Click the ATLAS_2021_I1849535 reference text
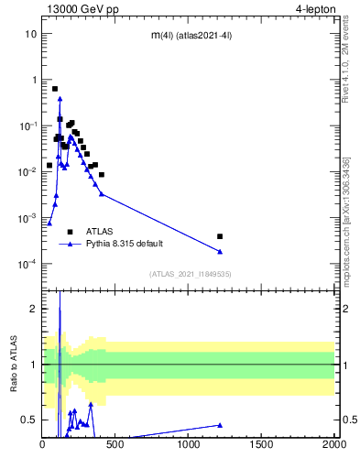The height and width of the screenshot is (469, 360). click(x=191, y=274)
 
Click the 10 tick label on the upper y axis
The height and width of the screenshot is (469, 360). click(x=30, y=34)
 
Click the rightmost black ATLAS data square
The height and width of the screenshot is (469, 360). click(x=220, y=236)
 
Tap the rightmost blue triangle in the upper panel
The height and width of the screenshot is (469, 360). click(x=220, y=252)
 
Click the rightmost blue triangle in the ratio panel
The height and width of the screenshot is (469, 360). click(x=220, y=424)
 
